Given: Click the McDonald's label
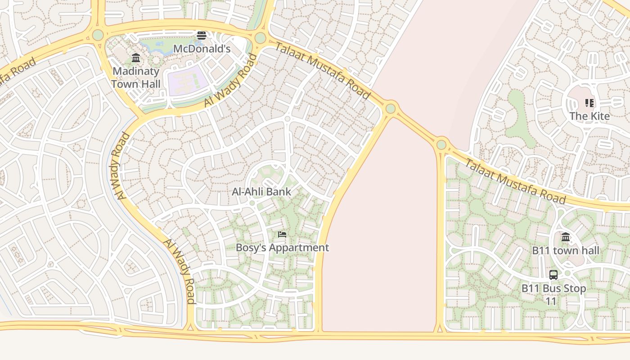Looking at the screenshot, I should click(x=202, y=49).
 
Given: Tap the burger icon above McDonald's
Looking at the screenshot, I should click(x=202, y=36).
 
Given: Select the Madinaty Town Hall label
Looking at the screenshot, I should click(x=135, y=77).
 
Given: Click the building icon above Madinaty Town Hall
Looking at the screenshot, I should click(x=136, y=58).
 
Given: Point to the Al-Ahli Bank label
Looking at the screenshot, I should click(x=261, y=192).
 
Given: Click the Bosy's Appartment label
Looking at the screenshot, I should click(x=282, y=247).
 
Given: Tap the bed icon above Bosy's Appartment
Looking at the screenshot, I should click(x=282, y=234).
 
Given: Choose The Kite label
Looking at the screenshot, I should click(x=589, y=116).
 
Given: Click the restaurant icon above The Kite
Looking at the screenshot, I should click(x=589, y=103).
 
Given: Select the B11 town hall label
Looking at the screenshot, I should click(x=566, y=251).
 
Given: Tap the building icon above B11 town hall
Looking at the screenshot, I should click(x=566, y=237).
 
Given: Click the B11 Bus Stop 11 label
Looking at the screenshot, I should click(x=553, y=294).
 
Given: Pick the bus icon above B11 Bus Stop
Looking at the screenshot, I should click(x=553, y=275).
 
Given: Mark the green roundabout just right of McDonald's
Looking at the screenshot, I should click(x=260, y=38).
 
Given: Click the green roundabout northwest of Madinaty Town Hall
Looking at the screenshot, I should click(x=98, y=35).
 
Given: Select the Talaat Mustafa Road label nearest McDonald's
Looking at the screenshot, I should click(x=322, y=70).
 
